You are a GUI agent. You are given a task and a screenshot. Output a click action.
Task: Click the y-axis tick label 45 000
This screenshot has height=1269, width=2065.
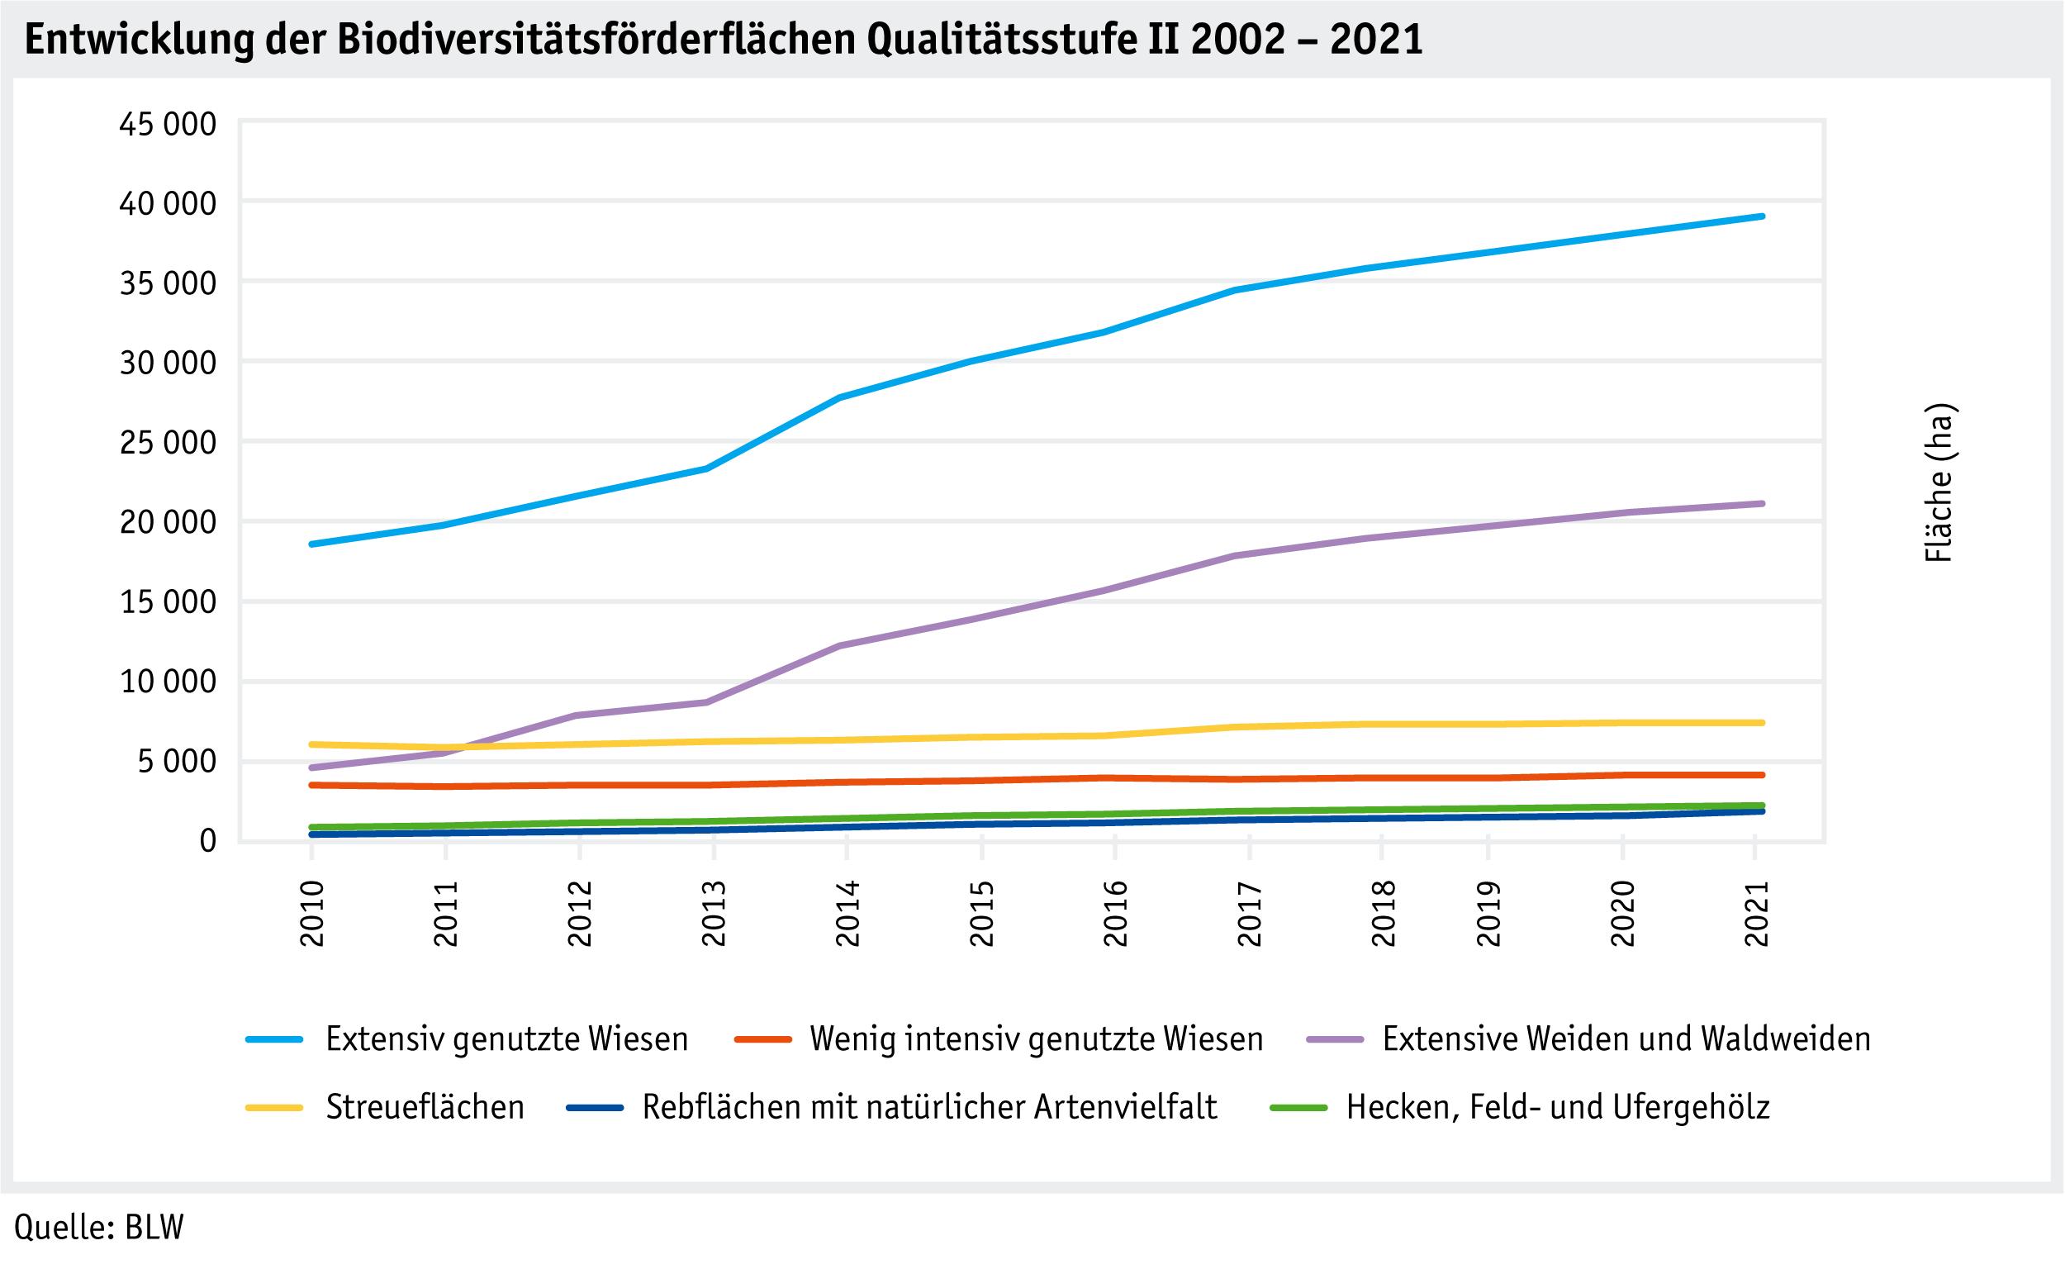point(168,125)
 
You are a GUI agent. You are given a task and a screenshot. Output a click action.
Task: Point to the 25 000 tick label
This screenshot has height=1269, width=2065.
point(168,443)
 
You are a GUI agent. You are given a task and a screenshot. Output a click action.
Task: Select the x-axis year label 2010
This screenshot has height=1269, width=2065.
point(312,914)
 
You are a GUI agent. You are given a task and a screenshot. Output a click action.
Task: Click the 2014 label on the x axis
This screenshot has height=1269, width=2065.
point(847,914)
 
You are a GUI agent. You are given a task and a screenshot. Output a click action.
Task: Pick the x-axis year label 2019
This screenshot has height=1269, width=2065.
point(1488,914)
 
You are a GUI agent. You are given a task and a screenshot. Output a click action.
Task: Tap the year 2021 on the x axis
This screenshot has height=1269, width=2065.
point(1756,914)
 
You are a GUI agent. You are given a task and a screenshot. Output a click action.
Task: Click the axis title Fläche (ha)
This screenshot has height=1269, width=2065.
point(1939,483)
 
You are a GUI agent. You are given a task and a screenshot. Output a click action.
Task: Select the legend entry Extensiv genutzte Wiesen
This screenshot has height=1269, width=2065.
point(506,1040)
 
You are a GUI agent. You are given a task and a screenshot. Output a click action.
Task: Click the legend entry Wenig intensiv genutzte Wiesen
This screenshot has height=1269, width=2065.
point(1036,1040)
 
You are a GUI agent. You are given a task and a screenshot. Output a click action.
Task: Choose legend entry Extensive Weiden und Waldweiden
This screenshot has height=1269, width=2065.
point(1626,1040)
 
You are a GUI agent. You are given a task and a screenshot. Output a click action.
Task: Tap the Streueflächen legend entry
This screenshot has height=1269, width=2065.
point(425,1108)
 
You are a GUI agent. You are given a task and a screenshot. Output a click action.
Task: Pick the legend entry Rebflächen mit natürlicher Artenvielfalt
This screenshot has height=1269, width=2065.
point(929,1108)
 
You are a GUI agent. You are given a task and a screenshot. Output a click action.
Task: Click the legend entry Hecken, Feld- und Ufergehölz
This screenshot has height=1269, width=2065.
point(1558,1108)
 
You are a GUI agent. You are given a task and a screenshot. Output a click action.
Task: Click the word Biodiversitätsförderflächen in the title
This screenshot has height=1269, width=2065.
point(595,40)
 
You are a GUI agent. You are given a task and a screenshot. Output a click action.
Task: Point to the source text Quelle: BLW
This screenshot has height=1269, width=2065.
point(99,1227)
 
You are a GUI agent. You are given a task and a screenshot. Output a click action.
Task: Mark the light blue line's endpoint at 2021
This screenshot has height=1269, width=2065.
point(1761,216)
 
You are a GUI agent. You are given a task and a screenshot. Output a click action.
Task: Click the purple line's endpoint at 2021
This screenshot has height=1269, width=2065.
point(1761,504)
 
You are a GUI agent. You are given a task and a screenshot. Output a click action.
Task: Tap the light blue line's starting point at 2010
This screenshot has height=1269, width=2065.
point(312,544)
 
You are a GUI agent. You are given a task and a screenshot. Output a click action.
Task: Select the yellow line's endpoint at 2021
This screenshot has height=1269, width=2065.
point(1761,723)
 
